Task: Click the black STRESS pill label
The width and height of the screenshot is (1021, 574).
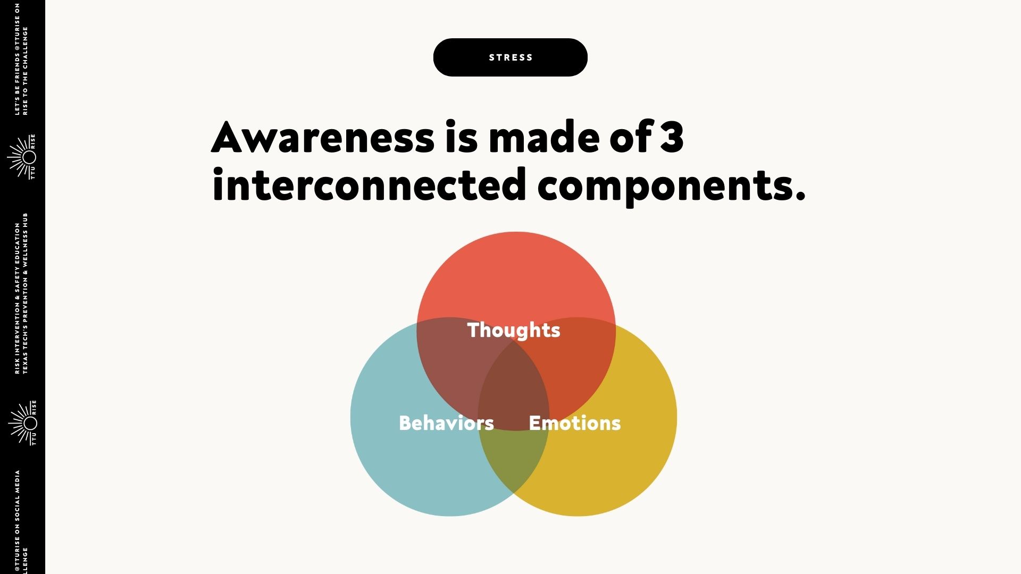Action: (510, 57)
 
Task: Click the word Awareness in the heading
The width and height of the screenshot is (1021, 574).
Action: (323, 137)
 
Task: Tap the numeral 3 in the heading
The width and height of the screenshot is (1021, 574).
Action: (672, 137)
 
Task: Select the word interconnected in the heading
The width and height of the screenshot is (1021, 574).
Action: (369, 184)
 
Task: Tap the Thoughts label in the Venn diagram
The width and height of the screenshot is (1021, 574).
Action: (514, 331)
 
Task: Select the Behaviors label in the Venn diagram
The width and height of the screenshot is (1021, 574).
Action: (446, 423)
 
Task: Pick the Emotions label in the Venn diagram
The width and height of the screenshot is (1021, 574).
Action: (575, 423)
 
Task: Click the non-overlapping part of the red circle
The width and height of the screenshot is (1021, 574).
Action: (516, 276)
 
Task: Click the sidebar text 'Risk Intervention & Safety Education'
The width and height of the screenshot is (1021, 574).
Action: (18, 298)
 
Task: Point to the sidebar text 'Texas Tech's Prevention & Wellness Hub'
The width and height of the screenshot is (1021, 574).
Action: (26, 293)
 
